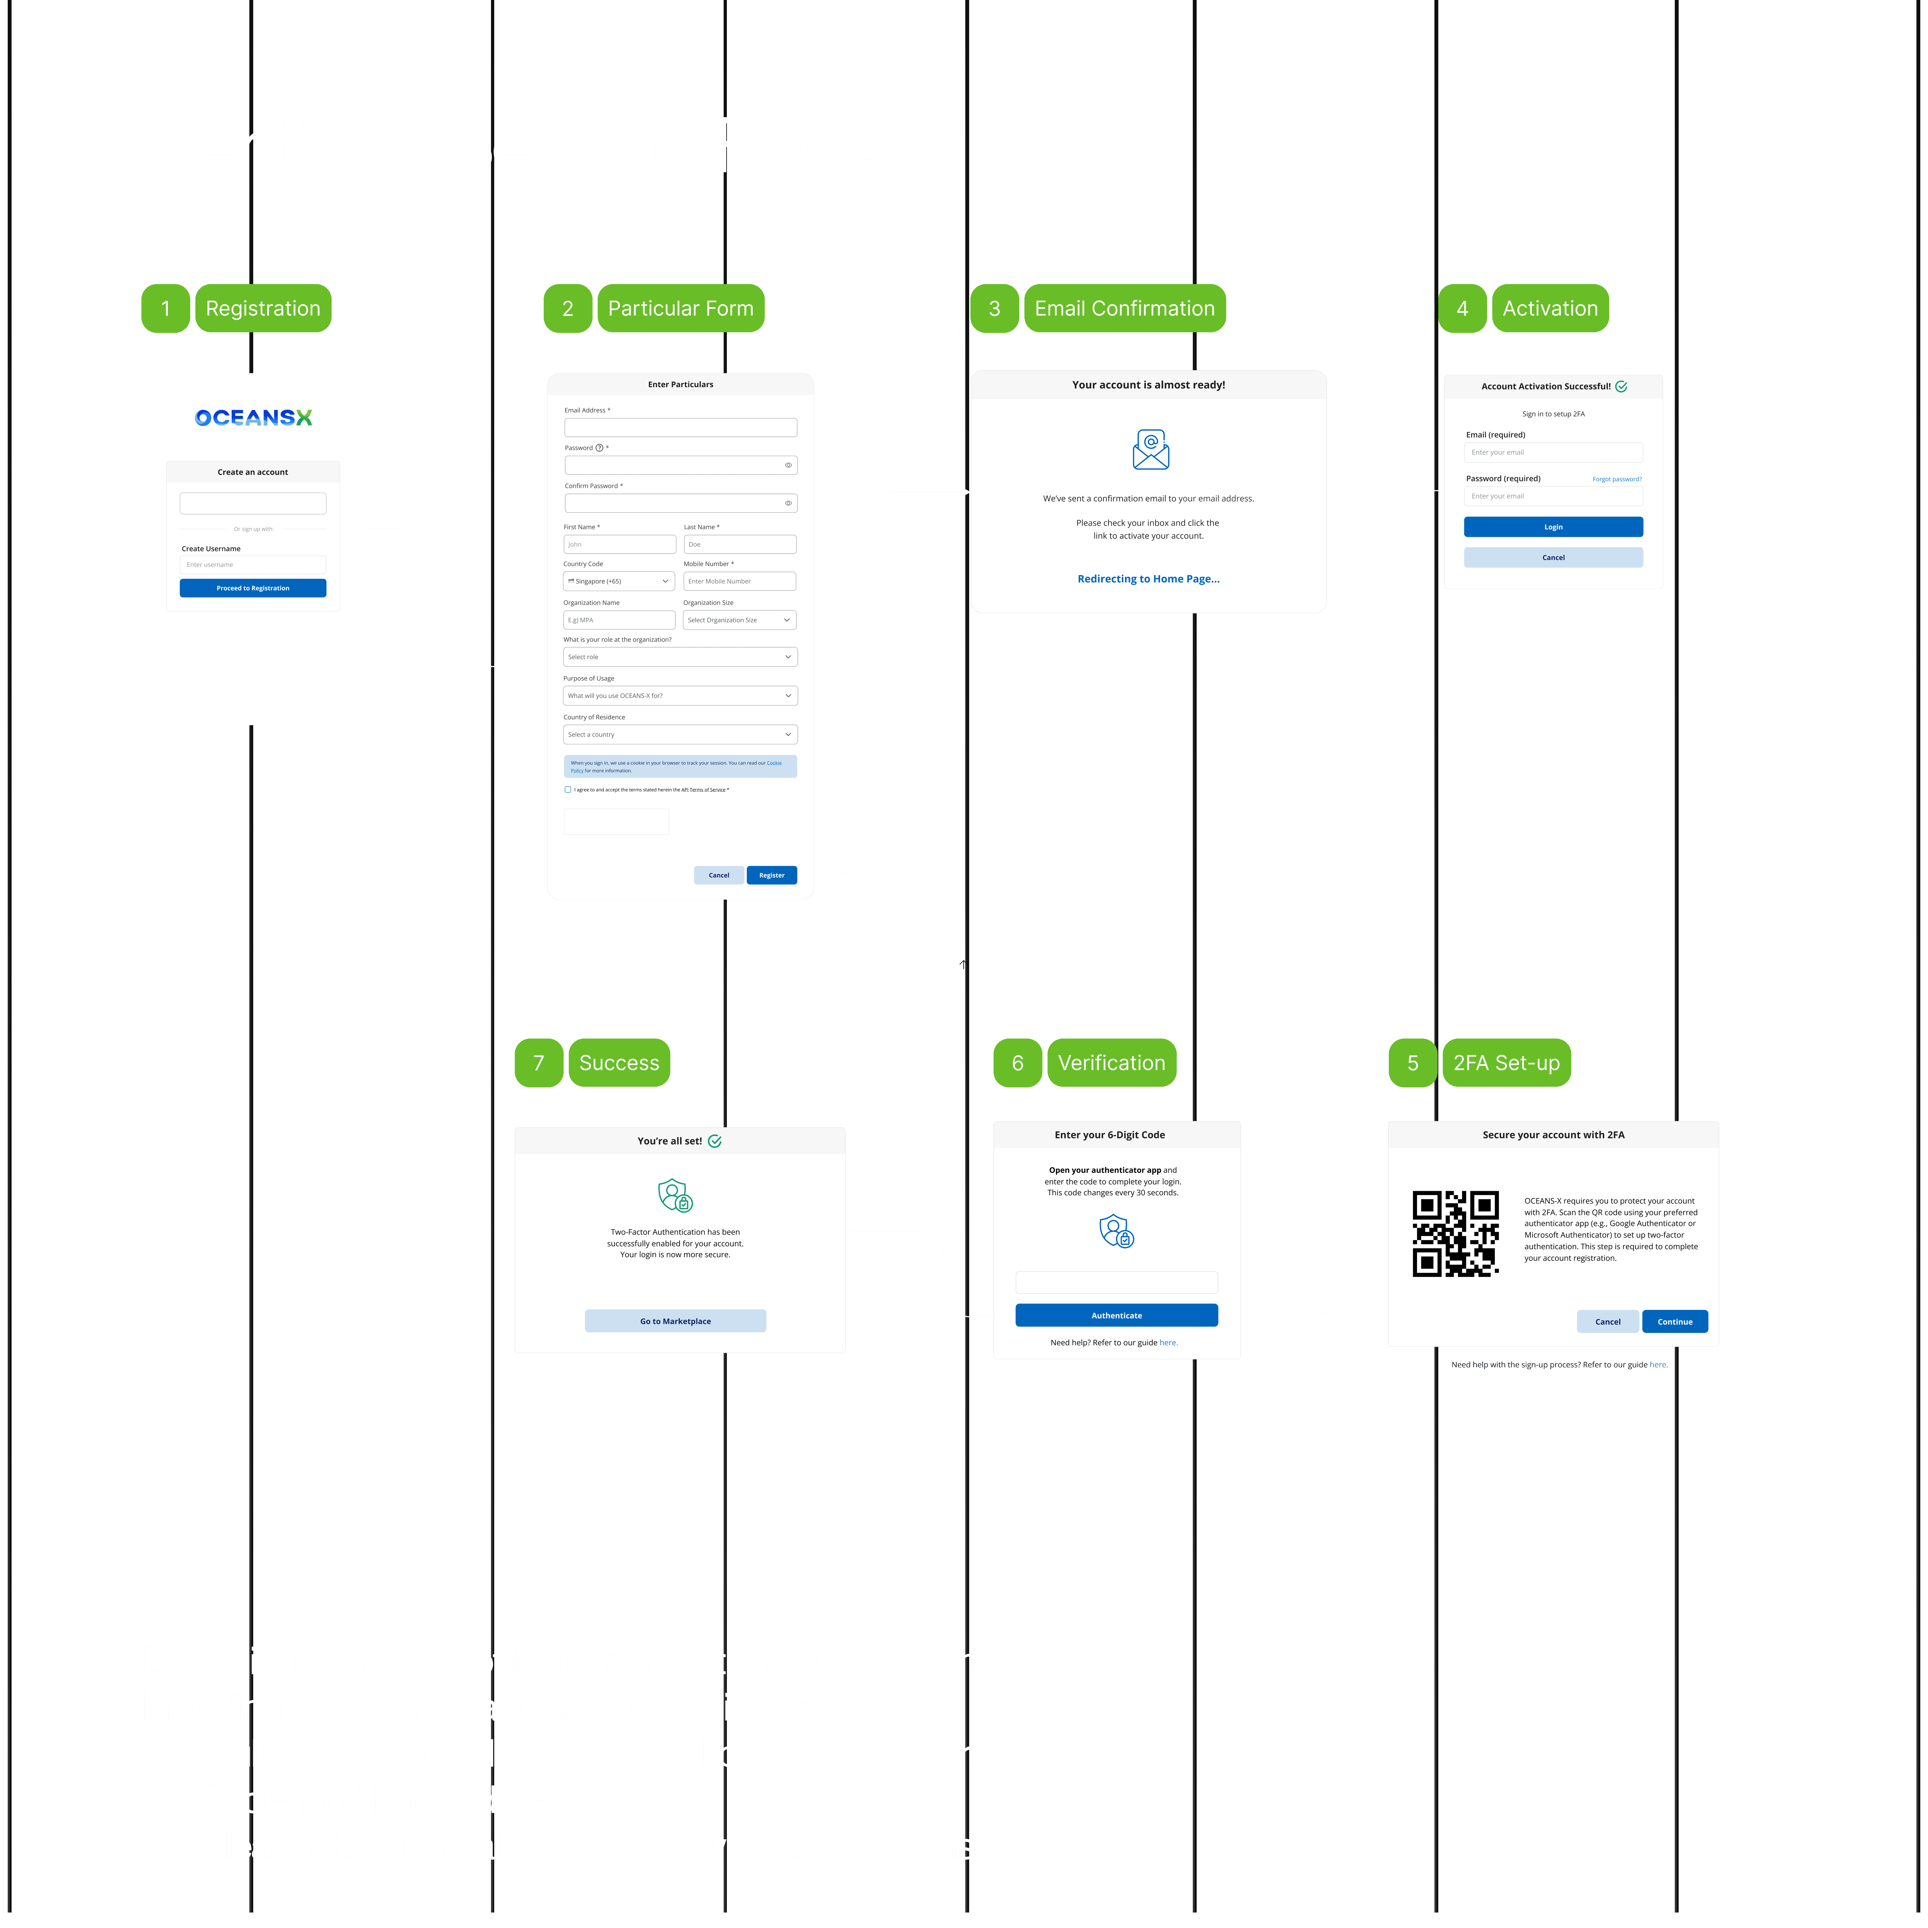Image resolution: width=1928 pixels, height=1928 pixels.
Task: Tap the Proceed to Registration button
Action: click(x=253, y=588)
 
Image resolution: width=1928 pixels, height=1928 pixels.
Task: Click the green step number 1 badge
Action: click(x=166, y=308)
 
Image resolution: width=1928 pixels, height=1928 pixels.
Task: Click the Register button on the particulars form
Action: click(x=772, y=875)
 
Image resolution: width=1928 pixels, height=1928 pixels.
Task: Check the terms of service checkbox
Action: click(x=568, y=790)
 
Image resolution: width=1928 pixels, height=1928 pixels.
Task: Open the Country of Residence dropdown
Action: click(x=680, y=735)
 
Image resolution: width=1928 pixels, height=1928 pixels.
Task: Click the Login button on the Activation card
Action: click(x=1553, y=527)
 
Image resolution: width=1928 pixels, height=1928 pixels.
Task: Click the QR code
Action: click(x=1455, y=1234)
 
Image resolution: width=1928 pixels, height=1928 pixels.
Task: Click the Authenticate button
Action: click(x=1116, y=1315)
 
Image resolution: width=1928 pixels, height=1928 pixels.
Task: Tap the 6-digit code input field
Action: click(x=1116, y=1282)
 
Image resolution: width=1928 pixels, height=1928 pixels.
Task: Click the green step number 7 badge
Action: click(x=539, y=1063)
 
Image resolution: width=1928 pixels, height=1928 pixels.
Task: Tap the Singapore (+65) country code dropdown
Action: click(x=619, y=581)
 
